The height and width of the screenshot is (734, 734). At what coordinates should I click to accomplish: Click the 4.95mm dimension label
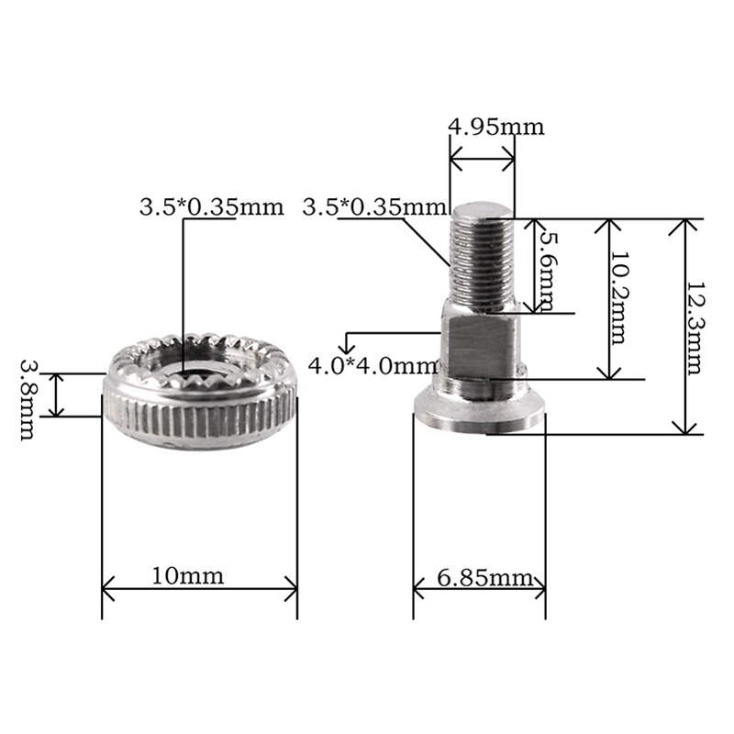click(496, 127)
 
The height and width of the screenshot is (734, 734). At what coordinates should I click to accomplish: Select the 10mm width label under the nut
click(188, 576)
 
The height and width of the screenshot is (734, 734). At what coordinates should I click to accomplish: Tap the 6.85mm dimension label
click(485, 579)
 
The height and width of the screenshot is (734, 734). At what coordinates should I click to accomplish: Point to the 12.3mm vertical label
click(695, 328)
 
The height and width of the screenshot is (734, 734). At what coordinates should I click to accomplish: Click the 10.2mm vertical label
click(617, 298)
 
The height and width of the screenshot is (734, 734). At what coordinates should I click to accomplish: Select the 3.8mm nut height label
click(28, 399)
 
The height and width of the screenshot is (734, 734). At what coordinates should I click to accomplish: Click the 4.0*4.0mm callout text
click(373, 365)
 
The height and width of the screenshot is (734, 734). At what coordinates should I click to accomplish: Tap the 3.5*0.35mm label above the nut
click(212, 207)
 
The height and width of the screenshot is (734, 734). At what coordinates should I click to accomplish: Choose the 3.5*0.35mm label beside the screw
click(374, 206)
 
